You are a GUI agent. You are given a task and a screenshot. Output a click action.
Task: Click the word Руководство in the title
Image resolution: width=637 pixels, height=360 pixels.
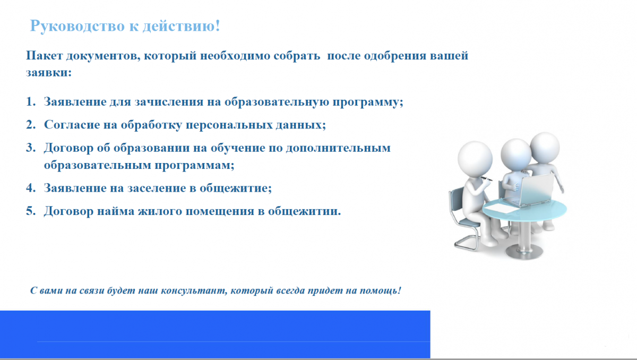(78, 26)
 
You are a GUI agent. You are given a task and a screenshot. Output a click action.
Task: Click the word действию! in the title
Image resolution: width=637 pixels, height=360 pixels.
(181, 27)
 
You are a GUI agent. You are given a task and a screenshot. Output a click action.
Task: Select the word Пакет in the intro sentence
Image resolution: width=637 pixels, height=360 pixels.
(44, 55)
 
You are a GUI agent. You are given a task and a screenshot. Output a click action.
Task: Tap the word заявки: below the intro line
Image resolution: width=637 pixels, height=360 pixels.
(49, 73)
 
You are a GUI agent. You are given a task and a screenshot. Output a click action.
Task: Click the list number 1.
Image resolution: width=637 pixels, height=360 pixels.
(31, 101)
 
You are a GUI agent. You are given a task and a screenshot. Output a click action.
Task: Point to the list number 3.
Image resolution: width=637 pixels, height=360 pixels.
(31, 148)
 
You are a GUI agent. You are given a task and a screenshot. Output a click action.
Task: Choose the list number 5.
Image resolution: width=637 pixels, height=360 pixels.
(31, 211)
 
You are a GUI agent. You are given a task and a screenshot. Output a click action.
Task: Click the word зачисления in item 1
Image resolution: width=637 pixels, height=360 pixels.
(169, 102)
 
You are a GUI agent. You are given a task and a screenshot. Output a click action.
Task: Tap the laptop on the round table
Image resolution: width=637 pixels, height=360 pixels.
(528, 190)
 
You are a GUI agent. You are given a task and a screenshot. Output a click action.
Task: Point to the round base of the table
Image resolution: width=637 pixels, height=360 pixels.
(524, 252)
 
